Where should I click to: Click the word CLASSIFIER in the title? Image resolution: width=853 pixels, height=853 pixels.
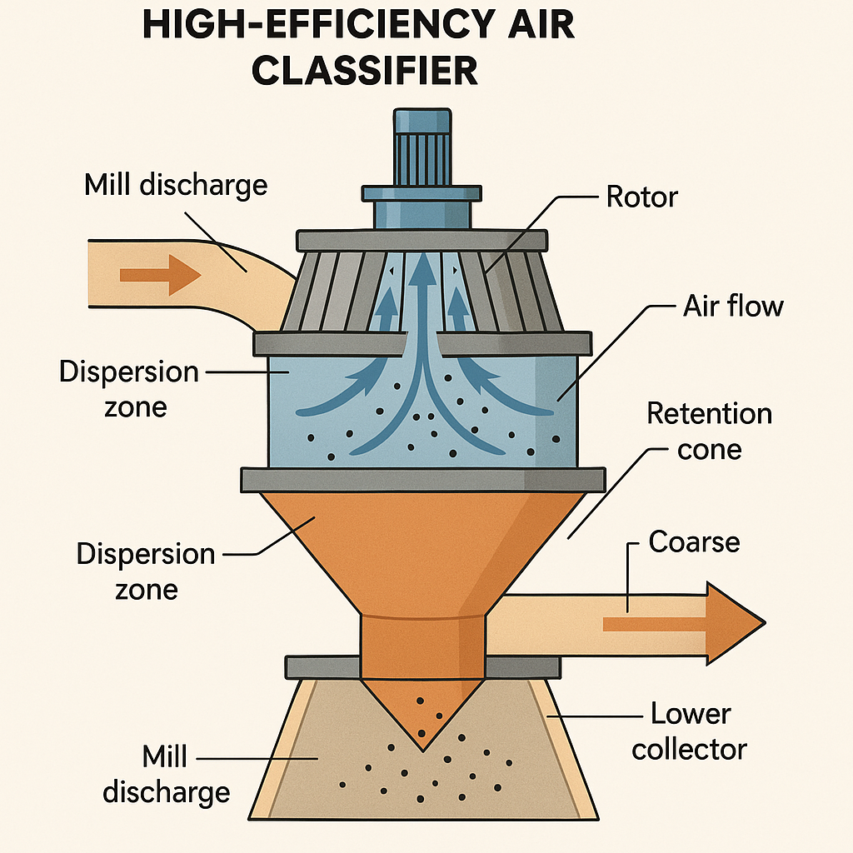366,70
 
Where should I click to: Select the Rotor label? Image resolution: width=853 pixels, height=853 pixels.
641,197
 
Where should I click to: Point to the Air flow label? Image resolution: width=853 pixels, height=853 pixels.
733,306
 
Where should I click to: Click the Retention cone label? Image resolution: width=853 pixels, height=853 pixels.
709,431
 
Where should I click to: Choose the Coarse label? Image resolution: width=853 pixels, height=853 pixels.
694,542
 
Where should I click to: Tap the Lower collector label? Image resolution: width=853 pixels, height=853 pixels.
689,731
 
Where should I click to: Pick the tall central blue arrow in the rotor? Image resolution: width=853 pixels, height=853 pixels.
425,333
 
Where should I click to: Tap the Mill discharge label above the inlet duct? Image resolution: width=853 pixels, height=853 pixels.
176,184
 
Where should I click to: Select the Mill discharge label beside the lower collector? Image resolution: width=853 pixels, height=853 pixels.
166,775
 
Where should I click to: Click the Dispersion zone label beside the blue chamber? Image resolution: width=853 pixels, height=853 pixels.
129,389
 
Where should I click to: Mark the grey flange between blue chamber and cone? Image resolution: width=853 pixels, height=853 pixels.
422,480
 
